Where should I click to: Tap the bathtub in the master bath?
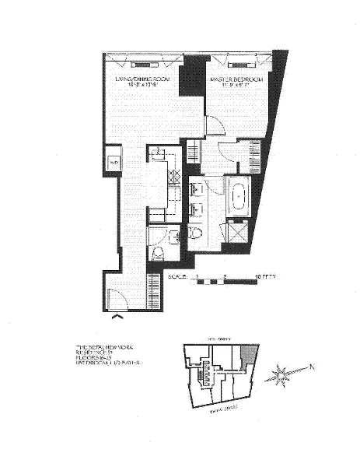point(236,193)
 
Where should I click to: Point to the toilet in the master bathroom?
point(196,231)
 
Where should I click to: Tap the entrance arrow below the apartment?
point(117,316)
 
